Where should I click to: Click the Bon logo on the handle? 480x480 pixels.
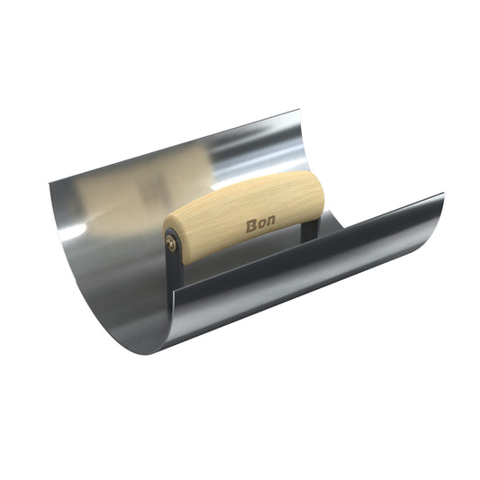(260, 223)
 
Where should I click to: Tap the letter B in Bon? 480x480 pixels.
(251, 226)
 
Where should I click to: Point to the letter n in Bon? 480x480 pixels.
(270, 221)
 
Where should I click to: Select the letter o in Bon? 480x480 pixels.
(261, 223)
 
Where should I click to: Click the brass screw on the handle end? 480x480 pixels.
(170, 243)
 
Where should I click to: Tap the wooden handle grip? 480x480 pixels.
(243, 216)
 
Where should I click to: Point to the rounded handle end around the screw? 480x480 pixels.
(172, 243)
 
